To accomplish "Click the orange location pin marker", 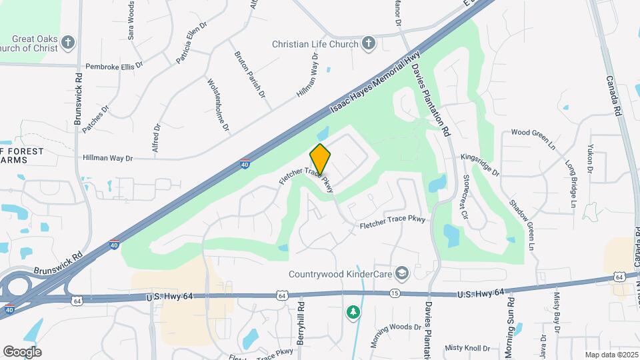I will [320, 160].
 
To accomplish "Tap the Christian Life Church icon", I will [368, 44].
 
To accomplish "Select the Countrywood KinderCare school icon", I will [402, 273].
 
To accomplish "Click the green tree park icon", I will [353, 311].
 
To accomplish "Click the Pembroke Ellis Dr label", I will [119, 67].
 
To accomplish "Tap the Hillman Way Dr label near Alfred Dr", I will [108, 158].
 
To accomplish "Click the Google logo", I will [22, 351].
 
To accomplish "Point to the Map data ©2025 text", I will [610, 355].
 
